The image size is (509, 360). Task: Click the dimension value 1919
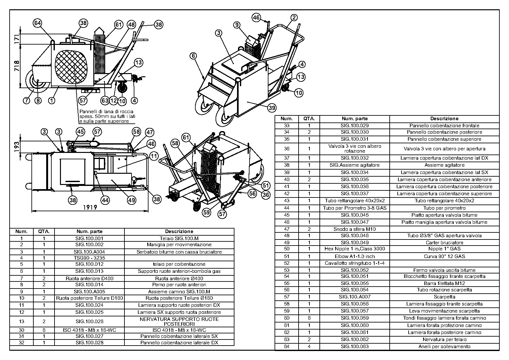click(x=90, y=207)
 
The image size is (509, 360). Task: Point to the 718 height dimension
click(x=17, y=66)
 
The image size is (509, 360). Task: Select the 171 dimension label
click(x=17, y=39)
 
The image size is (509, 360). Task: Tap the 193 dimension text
click(x=17, y=146)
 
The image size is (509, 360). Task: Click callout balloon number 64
click(x=38, y=23)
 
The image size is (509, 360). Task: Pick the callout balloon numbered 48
click(x=131, y=24)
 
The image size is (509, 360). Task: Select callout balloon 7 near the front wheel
click(x=27, y=100)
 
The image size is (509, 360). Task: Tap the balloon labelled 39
click(x=272, y=108)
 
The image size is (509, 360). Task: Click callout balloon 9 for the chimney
click(x=237, y=25)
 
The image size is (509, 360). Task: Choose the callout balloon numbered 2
click(x=294, y=18)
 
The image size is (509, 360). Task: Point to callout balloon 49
click(x=131, y=200)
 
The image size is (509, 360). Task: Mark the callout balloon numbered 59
click(x=207, y=212)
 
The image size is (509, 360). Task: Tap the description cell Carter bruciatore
click(x=444, y=242)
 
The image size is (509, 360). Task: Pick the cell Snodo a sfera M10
click(x=354, y=229)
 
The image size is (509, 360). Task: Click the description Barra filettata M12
click(x=444, y=283)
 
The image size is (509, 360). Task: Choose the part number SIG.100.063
click(x=354, y=346)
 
